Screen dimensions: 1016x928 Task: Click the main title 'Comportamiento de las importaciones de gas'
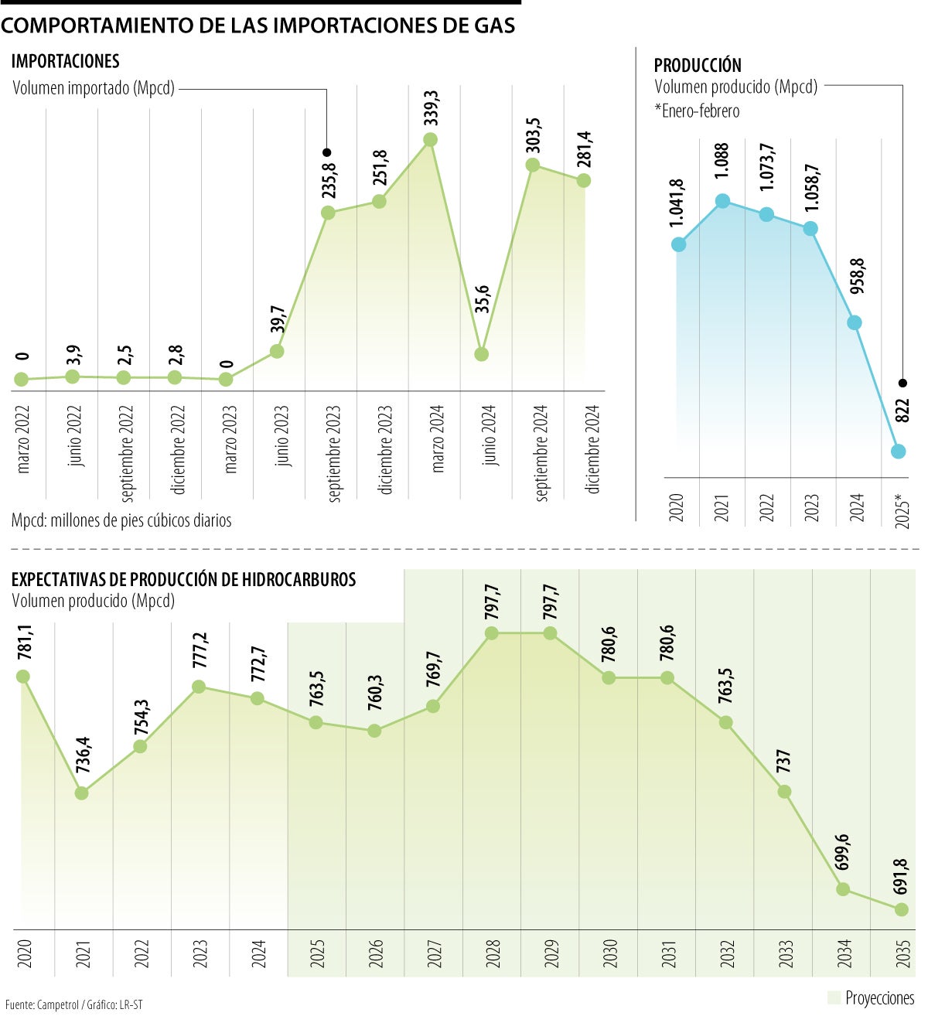(258, 26)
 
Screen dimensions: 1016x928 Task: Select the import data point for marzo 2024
(431, 140)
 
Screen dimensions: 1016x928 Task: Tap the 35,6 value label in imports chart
(482, 299)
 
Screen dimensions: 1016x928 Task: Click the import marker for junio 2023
(277, 351)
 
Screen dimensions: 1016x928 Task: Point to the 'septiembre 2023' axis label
(334, 453)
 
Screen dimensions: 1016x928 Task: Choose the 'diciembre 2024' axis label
(593, 449)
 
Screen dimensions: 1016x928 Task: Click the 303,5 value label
(533, 135)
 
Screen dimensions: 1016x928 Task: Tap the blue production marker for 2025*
(898, 452)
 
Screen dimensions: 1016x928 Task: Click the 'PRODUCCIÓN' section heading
(698, 66)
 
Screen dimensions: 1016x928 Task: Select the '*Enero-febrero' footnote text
(697, 111)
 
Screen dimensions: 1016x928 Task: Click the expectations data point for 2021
(82, 793)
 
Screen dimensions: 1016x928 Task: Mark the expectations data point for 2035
(901, 910)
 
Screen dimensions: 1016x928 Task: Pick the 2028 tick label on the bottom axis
(493, 953)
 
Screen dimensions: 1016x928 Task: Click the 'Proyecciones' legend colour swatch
(833, 997)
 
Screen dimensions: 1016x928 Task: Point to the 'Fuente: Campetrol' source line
(73, 1004)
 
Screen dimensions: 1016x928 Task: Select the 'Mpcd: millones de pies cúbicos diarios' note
(121, 520)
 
